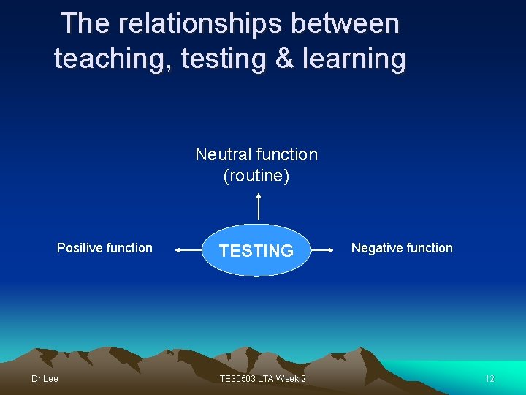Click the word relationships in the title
199,23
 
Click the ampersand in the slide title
285,59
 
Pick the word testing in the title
224,59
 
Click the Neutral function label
256,154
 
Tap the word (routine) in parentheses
256,176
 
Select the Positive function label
104,248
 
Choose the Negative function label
402,248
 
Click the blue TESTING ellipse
256,250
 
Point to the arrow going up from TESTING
259,206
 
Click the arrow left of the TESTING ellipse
188,250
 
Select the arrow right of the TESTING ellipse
324,250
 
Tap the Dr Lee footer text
45,378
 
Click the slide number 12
489,378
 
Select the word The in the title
85,23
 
